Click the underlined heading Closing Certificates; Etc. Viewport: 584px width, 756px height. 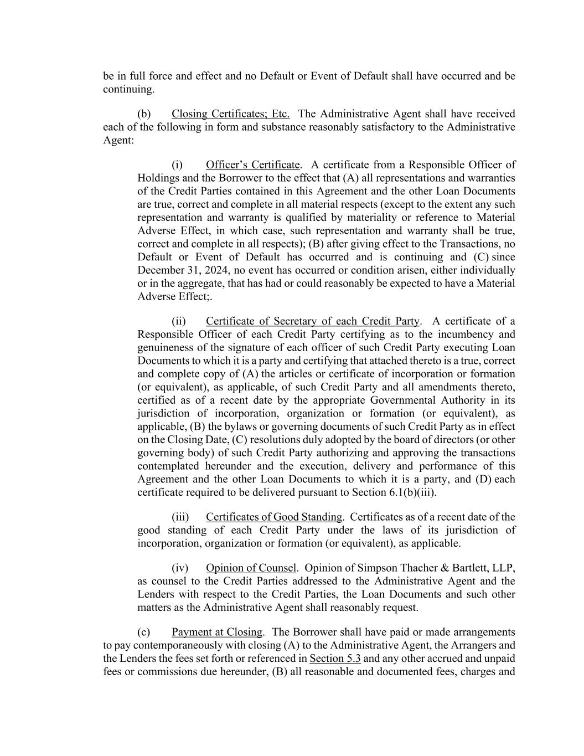point(230,114)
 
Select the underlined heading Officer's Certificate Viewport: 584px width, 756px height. point(252,165)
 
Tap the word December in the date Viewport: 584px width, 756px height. point(159,270)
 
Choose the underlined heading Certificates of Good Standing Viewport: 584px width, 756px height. point(274,517)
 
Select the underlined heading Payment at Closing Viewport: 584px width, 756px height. point(217,632)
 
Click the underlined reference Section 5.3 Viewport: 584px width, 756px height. point(335,659)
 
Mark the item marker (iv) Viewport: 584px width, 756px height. point(180,568)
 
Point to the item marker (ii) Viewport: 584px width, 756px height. point(179,322)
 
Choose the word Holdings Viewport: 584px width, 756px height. point(158,178)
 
